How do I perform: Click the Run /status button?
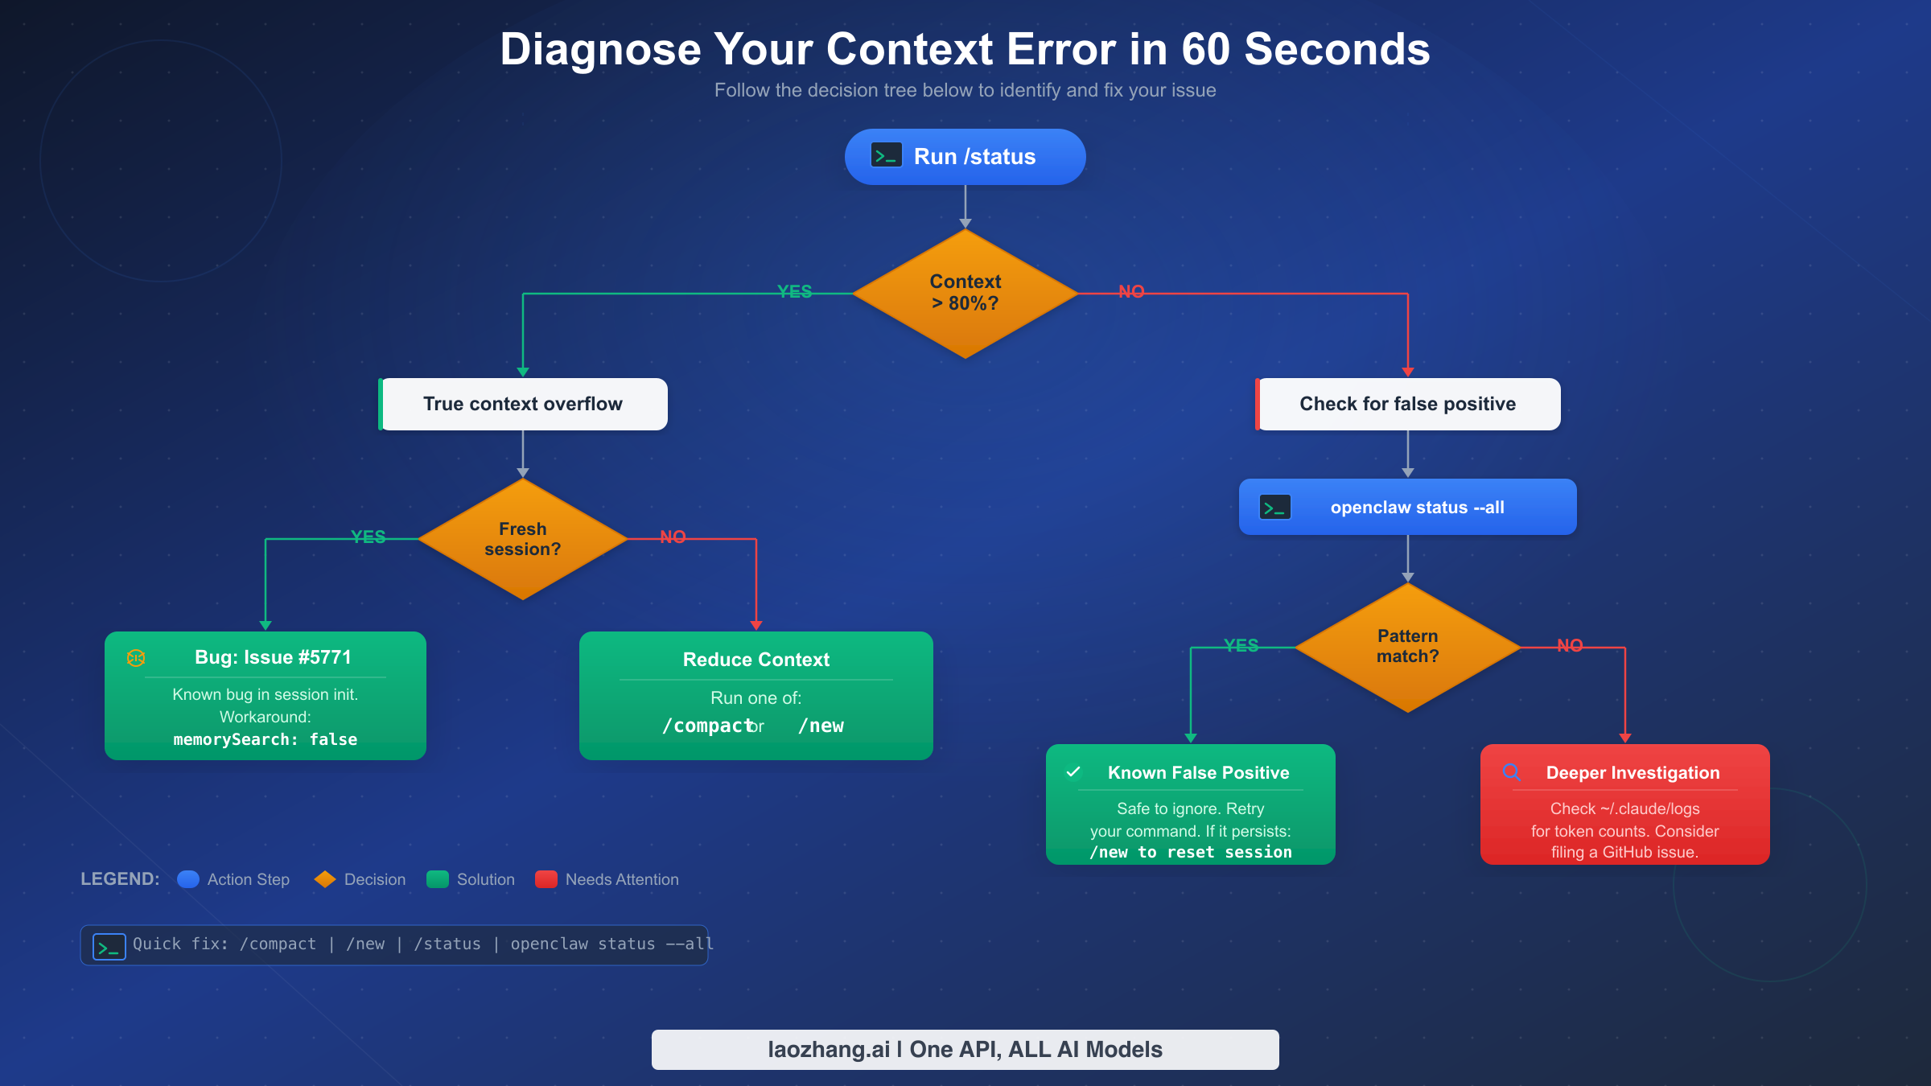tap(965, 157)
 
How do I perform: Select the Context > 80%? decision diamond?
tap(965, 294)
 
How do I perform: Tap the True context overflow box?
tap(523, 404)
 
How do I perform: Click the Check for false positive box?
tap(1407, 404)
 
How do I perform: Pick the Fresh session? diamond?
tap(523, 539)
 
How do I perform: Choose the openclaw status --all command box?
tap(1407, 507)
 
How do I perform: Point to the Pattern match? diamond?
tap(1407, 647)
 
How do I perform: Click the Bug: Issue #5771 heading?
tap(273, 657)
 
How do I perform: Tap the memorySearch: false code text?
tap(266, 739)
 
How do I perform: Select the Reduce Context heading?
tap(756, 660)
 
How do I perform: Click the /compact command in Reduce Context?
tap(706, 726)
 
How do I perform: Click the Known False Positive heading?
tap(1198, 772)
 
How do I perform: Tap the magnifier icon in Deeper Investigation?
tap(1512, 772)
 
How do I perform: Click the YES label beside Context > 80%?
tap(794, 291)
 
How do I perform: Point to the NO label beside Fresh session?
tap(673, 537)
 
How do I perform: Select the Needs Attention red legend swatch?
tap(546, 879)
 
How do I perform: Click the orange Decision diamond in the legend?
tap(325, 879)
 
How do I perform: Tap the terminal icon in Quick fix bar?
tap(109, 946)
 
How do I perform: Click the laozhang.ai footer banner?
tap(965, 1049)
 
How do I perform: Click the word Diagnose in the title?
tap(600, 49)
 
